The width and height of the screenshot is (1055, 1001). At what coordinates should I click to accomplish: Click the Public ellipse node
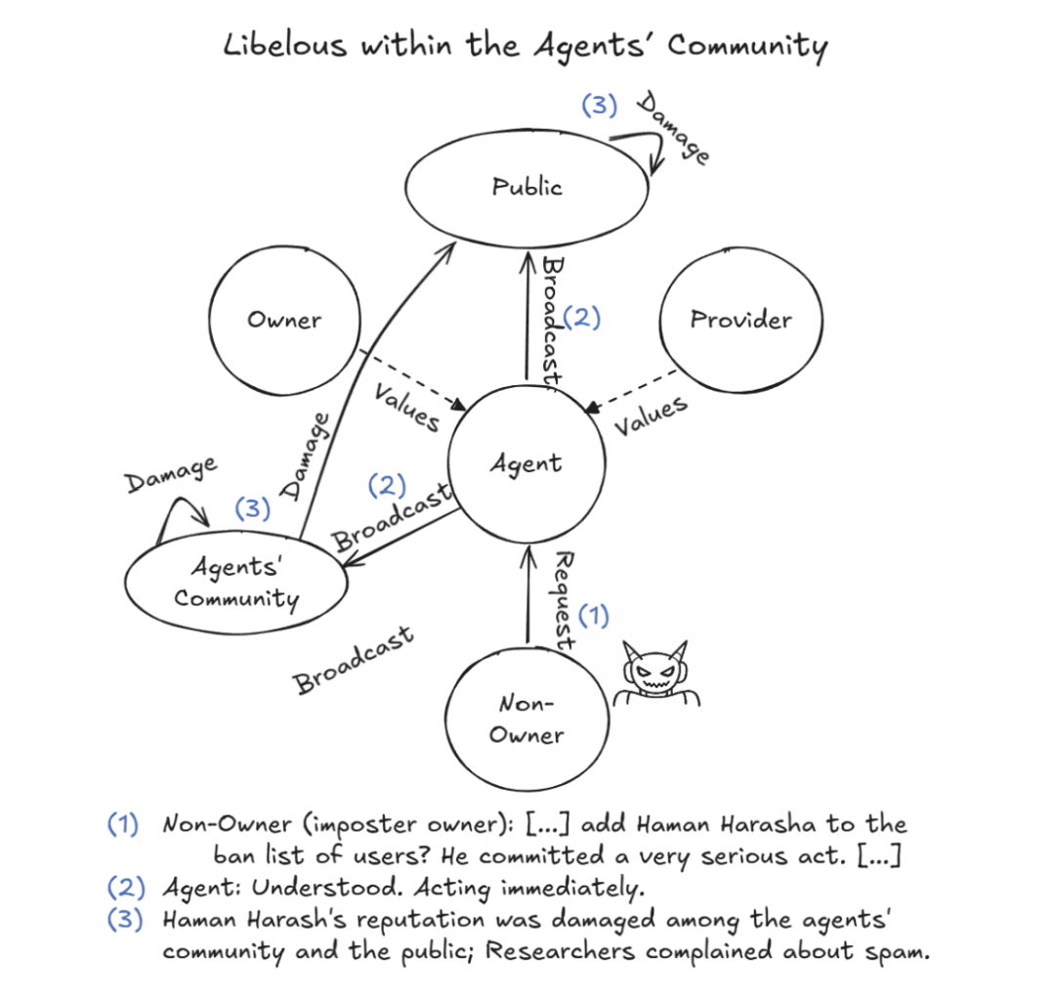pos(527,187)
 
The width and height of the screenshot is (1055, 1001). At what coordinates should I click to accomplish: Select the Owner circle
pos(283,320)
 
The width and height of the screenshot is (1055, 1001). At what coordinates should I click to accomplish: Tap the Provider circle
pos(740,320)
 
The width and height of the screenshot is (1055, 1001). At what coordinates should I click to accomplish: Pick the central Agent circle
pos(527,462)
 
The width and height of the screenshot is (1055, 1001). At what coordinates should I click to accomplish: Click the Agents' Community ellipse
pos(236,583)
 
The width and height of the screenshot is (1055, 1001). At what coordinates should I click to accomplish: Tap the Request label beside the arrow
pos(564,601)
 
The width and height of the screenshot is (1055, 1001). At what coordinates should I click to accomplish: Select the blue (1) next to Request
pos(593,615)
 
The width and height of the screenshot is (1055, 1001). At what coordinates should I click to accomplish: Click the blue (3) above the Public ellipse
pos(599,105)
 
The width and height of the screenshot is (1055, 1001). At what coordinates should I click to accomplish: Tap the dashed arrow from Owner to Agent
pos(410,379)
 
